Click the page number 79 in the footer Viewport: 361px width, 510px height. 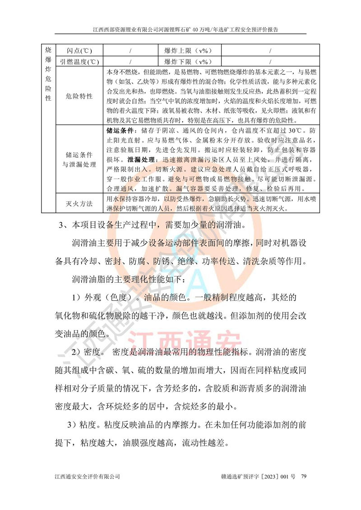pyautogui.click(x=304, y=476)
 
